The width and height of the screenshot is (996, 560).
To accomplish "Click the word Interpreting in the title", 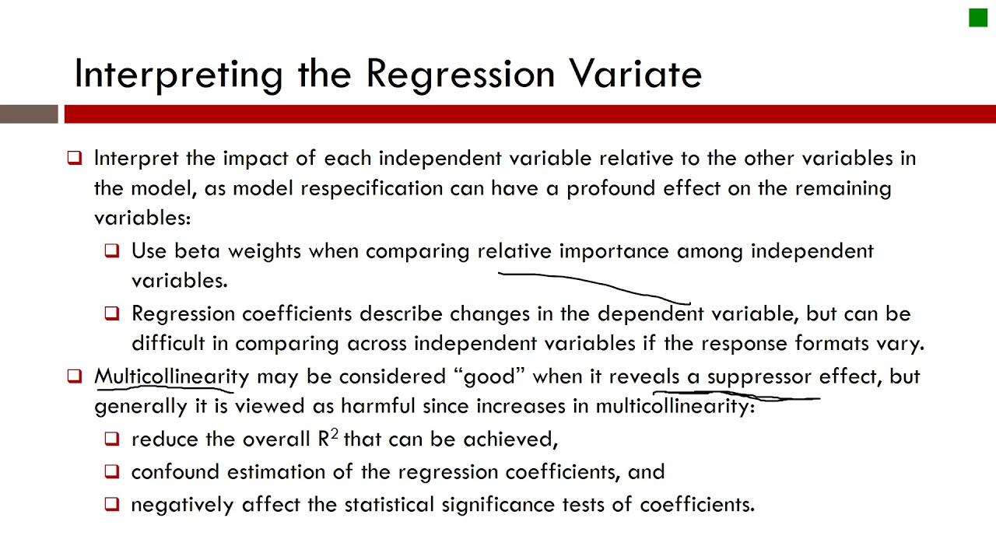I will [x=178, y=75].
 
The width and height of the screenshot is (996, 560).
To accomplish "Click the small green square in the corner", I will [x=977, y=18].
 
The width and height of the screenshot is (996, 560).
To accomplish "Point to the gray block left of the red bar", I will [x=29, y=114].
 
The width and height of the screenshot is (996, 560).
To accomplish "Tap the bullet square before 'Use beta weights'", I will [x=112, y=250].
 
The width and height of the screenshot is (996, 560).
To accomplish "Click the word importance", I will [x=613, y=251].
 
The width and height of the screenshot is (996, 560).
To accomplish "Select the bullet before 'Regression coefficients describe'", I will [x=112, y=313].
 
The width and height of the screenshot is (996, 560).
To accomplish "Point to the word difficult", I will [x=180, y=343].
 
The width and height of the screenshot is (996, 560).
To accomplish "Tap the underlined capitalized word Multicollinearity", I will [x=171, y=376].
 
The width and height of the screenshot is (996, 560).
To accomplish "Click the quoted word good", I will [x=489, y=377].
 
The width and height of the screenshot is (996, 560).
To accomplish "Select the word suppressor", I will [x=759, y=377].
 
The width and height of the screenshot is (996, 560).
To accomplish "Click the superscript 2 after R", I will [x=334, y=434].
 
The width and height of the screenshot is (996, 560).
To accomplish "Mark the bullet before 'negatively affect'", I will [x=112, y=504].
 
